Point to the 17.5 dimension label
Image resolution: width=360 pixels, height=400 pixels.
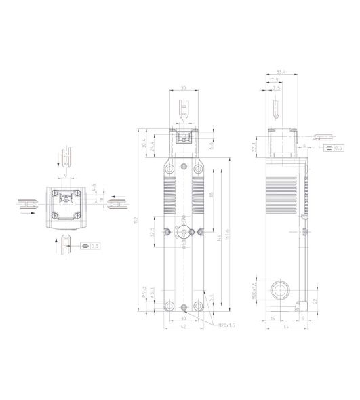click(275, 81)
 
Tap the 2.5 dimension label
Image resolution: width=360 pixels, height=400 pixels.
click(277, 88)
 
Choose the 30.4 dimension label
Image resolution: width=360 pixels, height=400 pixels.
click(144, 145)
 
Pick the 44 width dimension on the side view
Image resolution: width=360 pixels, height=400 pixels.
click(286, 326)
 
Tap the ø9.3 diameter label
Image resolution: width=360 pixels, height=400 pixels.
click(144, 292)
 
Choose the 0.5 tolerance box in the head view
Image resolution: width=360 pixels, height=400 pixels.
click(94, 245)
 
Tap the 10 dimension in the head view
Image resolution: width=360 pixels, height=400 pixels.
click(100, 200)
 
